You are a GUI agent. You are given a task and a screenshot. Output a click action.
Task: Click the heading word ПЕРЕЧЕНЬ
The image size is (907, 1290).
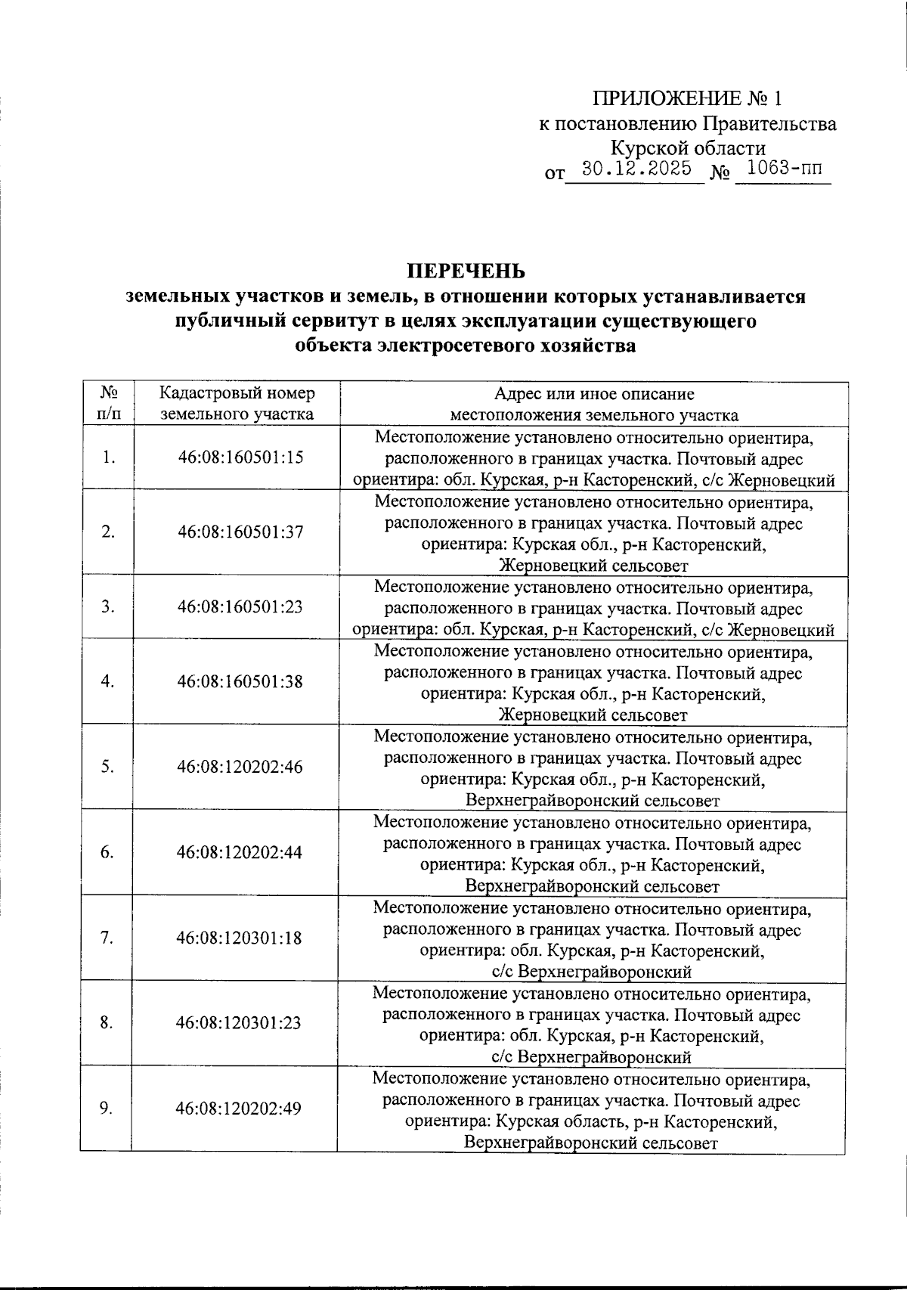click(x=465, y=271)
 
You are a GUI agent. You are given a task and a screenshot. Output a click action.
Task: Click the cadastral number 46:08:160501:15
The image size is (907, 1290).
click(x=240, y=457)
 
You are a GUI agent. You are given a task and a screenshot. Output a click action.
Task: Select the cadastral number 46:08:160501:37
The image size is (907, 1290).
click(x=240, y=532)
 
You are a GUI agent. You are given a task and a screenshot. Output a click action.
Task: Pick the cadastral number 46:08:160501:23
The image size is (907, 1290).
click(x=240, y=606)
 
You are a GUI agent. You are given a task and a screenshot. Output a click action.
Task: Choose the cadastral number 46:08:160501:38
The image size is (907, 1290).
click(x=240, y=681)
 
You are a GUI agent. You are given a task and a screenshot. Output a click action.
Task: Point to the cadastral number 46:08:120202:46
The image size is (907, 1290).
click(x=240, y=767)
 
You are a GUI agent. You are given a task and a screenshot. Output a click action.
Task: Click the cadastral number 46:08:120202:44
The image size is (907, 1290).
click(x=240, y=852)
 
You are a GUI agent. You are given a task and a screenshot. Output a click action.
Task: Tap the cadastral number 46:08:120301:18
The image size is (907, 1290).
click(x=239, y=938)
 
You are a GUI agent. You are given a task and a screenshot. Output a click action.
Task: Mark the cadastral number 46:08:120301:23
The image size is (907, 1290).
click(x=239, y=1023)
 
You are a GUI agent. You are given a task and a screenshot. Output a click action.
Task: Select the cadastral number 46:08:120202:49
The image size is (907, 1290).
click(x=239, y=1109)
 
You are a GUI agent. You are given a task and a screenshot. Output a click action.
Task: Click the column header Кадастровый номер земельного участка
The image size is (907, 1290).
click(x=237, y=404)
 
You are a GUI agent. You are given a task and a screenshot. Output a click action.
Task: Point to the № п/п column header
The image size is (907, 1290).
click(x=108, y=404)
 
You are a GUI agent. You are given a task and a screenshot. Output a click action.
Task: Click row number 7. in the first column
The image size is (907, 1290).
click(x=107, y=938)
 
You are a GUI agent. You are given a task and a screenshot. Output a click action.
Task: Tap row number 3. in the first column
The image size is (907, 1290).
click(x=108, y=606)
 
